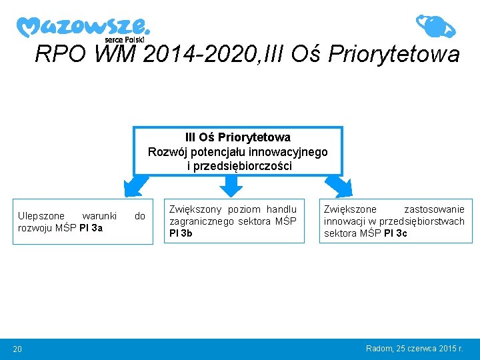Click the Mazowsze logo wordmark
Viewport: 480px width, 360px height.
[83, 27]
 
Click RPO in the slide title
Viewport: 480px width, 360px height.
[62, 53]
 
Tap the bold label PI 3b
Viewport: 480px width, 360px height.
[181, 233]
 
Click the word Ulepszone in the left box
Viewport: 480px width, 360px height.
[41, 216]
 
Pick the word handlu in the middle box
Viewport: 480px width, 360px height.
[281, 209]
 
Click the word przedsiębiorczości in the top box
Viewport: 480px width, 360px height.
[239, 167]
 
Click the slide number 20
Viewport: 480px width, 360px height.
[18, 349]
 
